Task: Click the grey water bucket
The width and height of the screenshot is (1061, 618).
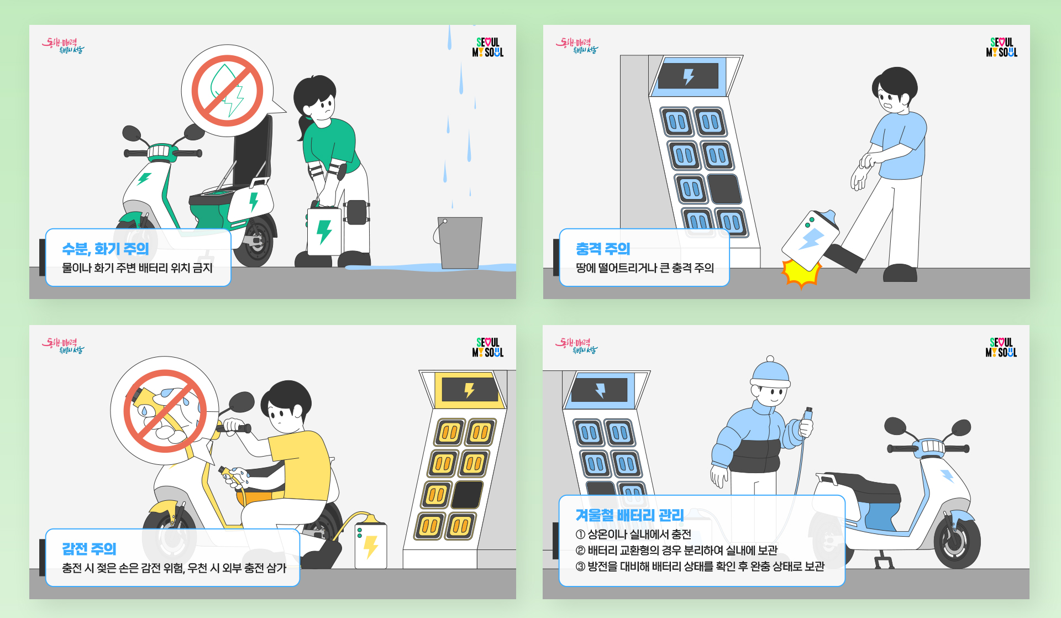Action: coord(460,242)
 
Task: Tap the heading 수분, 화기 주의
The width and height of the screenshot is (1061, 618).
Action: coord(106,249)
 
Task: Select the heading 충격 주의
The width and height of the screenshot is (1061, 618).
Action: coord(603,249)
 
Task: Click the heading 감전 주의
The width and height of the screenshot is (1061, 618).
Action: coord(89,549)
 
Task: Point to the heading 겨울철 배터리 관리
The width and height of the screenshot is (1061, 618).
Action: coord(629,515)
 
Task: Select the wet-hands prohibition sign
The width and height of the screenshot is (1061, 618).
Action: coord(164,411)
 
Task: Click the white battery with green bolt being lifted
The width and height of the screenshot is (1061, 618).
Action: coord(324,231)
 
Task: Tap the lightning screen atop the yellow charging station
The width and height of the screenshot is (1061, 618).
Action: coord(469,390)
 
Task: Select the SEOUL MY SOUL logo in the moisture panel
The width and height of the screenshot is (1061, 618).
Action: coord(487,47)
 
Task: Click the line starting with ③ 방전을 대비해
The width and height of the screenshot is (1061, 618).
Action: coord(700,567)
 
